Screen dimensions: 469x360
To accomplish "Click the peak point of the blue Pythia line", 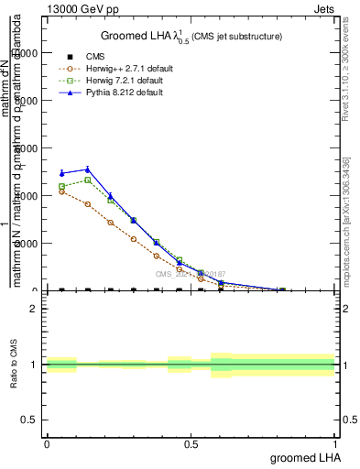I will (x=87, y=169).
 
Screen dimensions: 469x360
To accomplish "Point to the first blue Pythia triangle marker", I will (x=61, y=173).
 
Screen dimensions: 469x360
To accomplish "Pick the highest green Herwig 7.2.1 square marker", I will (x=87, y=180).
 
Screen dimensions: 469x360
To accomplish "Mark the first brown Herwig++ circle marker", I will (x=61, y=191).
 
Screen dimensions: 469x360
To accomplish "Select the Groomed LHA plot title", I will (x=191, y=36).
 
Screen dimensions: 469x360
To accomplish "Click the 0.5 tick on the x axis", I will (x=191, y=442).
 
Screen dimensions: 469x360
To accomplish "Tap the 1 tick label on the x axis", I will (x=336, y=442).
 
